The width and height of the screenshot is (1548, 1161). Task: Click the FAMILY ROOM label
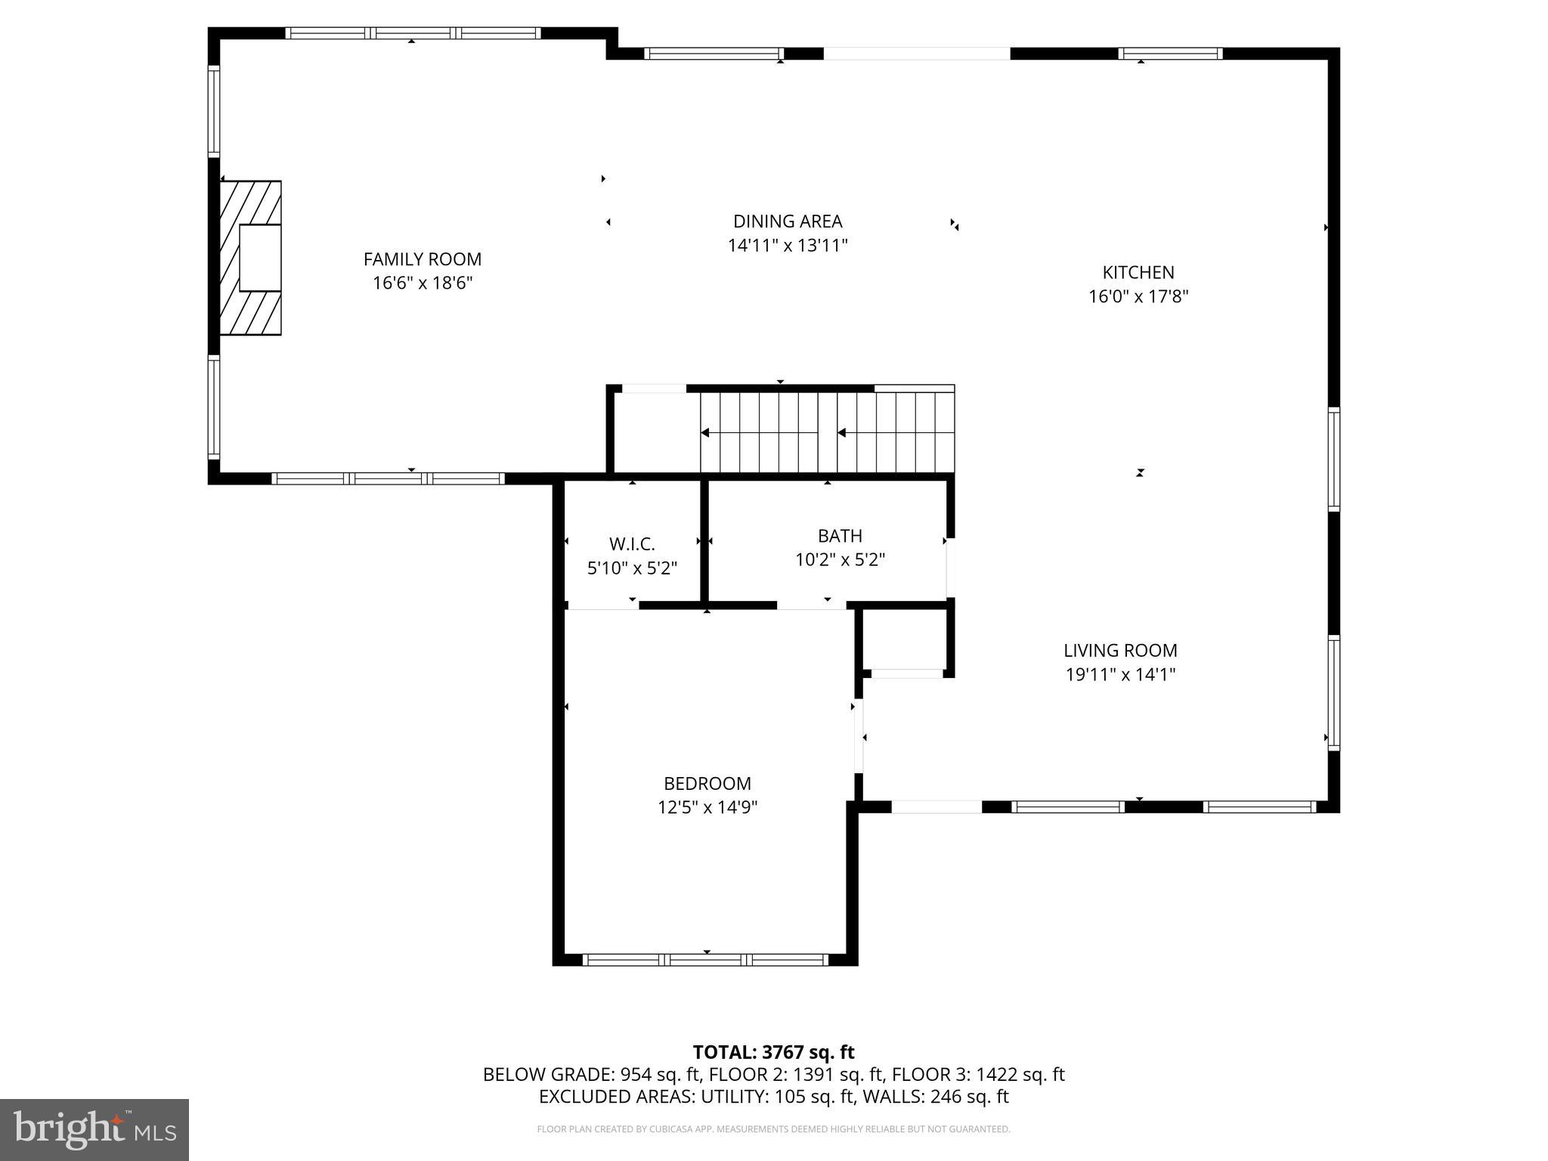[422, 259]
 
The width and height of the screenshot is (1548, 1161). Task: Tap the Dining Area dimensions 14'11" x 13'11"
[788, 246]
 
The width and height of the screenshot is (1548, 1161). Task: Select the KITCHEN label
[1138, 272]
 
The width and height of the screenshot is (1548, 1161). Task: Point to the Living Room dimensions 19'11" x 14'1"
[1120, 674]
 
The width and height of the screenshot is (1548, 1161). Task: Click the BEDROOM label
[707, 783]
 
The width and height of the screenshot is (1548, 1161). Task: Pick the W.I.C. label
[632, 544]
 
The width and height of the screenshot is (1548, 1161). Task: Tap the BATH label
[840, 536]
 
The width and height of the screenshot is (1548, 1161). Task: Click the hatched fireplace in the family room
[250, 258]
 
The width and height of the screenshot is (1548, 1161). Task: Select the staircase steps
[827, 432]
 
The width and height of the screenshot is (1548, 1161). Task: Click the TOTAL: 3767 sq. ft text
[773, 1052]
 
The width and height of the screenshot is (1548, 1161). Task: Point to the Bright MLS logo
[94, 1130]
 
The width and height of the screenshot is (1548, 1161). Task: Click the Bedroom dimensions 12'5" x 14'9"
[707, 807]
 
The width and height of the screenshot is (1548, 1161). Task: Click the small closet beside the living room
[905, 639]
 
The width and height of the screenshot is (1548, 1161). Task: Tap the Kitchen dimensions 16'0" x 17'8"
[1138, 296]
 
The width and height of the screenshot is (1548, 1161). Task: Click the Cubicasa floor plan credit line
[773, 1129]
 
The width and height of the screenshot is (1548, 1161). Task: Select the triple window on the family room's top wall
[413, 33]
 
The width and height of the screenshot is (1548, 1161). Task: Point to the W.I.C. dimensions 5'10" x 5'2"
[632, 568]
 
